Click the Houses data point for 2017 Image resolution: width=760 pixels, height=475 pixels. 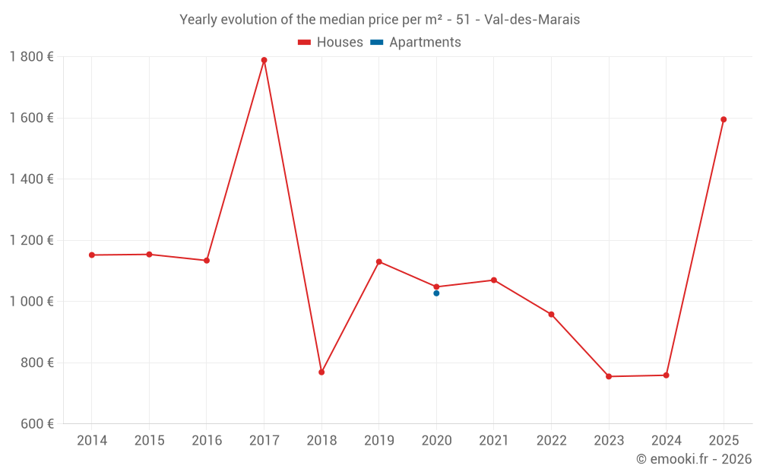click(264, 60)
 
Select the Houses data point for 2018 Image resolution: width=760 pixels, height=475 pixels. click(321, 372)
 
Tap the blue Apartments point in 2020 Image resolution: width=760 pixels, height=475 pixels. click(436, 293)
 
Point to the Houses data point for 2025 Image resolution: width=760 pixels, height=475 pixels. click(724, 119)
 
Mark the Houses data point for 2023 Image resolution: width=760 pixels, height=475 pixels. click(609, 376)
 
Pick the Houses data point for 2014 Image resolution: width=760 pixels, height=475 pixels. click(92, 255)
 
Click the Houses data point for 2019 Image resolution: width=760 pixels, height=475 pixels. click(379, 261)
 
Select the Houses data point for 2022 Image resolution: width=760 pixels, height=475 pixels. click(551, 314)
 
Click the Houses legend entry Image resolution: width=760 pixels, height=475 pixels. click(331, 43)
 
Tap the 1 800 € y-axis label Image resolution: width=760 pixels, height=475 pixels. click(31, 56)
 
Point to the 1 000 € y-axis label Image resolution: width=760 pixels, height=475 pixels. click(31, 301)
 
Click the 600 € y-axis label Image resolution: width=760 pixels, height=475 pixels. click(36, 423)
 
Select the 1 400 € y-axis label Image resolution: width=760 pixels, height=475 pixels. click(31, 179)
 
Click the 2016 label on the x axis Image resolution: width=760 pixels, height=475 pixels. click(207, 441)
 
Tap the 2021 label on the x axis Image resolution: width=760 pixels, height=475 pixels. click(494, 441)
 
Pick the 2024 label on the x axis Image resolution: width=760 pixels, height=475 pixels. click(666, 441)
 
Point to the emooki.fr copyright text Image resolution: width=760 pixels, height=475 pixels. click(693, 459)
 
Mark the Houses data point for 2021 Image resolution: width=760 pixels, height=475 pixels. click(494, 280)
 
